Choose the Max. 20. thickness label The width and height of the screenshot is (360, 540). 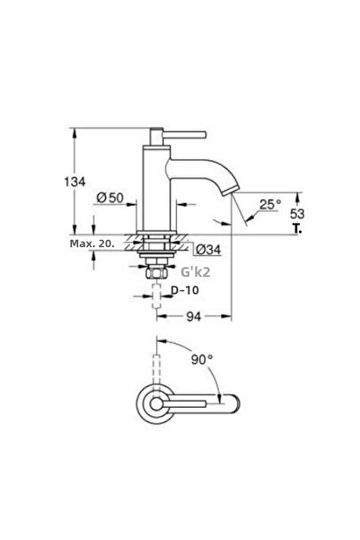pyautogui.click(x=92, y=243)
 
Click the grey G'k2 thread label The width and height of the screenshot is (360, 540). pyautogui.click(x=197, y=270)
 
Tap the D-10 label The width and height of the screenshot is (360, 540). pyautogui.click(x=184, y=292)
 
